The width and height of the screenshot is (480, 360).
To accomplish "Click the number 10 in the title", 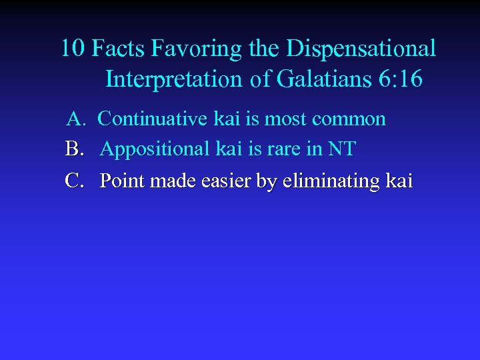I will [x=73, y=49].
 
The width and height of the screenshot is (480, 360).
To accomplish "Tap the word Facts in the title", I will [x=118, y=49].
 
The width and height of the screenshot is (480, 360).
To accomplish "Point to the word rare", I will [x=282, y=150].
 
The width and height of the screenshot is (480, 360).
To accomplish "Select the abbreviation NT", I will [x=341, y=149].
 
